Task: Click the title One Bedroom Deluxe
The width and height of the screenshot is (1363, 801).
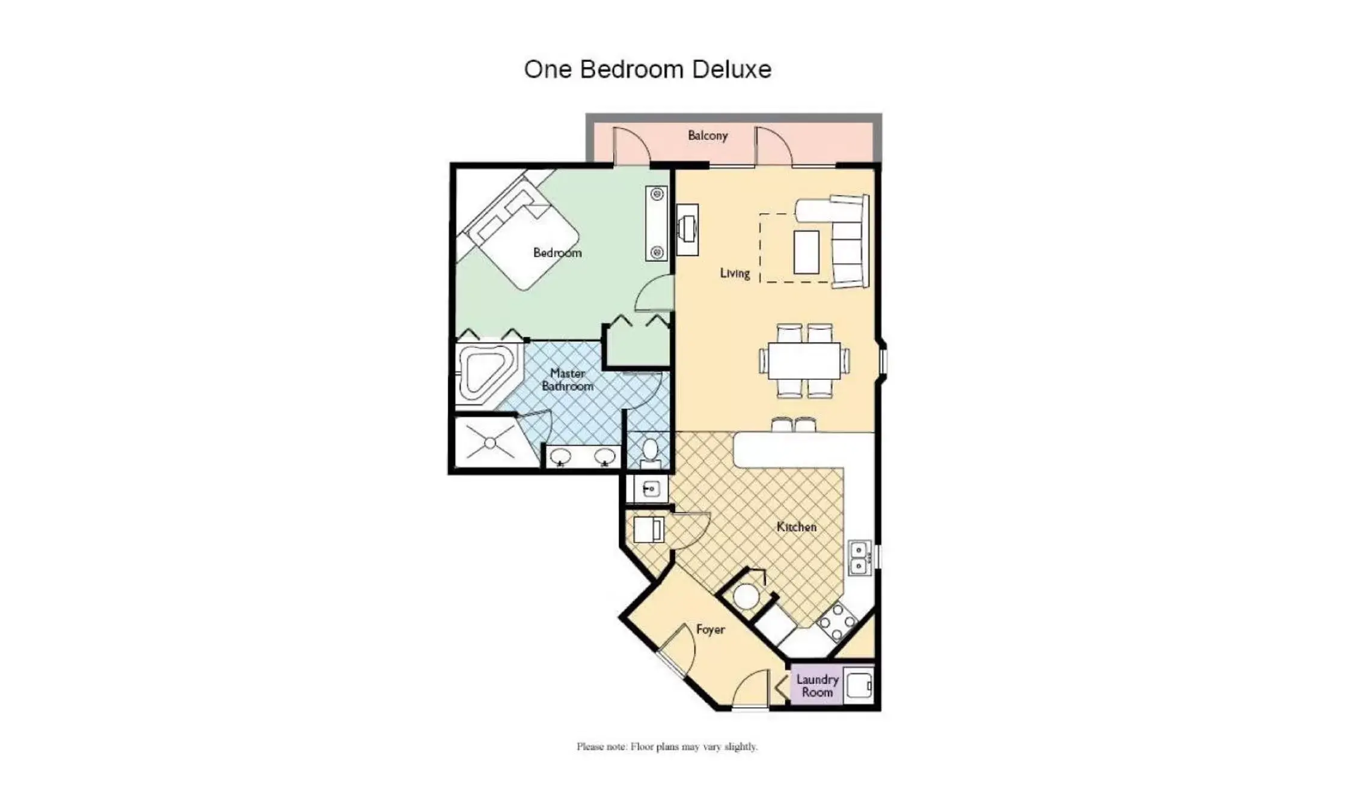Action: [648, 70]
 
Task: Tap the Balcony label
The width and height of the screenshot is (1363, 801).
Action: [708, 136]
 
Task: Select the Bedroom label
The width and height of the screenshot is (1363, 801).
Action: [557, 253]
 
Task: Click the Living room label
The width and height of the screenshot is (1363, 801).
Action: [735, 273]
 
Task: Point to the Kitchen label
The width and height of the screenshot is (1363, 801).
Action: [796, 527]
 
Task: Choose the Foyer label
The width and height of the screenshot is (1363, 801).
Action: [710, 629]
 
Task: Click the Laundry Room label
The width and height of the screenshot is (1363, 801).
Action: [817, 686]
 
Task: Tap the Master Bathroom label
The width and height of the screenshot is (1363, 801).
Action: [568, 380]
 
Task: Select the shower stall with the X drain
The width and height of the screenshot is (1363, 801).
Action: [490, 443]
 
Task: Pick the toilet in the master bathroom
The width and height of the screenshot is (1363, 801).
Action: [650, 452]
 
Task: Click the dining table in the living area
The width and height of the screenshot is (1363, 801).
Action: [804, 361]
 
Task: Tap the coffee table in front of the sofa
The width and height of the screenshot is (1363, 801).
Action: [806, 252]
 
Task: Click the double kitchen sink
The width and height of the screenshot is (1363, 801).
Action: [859, 558]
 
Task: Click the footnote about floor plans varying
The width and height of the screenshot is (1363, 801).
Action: [667, 747]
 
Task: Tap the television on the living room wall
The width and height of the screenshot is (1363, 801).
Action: [687, 229]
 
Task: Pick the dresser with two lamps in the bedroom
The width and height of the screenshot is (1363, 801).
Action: [657, 224]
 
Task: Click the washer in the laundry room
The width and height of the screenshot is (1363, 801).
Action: [859, 686]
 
